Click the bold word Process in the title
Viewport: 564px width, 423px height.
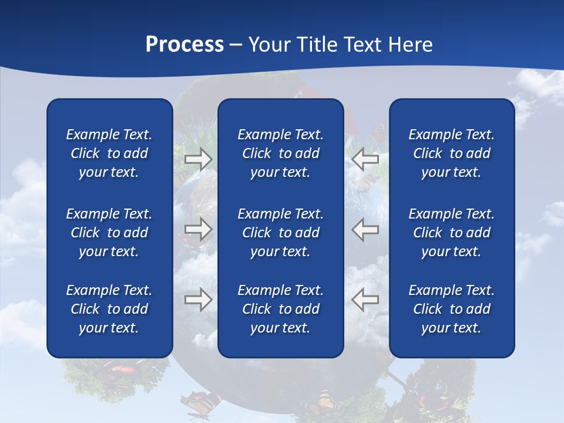184,45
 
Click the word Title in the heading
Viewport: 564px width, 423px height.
318,45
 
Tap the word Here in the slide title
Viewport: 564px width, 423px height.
411,45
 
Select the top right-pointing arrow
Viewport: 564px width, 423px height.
198,159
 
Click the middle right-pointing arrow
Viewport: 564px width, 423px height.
198,229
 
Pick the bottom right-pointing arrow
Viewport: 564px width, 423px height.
198,299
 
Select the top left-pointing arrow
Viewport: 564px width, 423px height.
365,159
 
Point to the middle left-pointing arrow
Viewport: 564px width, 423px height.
365,229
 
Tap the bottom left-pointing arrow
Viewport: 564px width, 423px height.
365,299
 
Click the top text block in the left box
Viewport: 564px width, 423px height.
109,153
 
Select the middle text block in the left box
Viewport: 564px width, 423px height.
109,233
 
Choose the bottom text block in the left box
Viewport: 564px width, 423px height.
109,309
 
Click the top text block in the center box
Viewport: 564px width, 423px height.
280,153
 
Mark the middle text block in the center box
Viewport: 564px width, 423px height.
280,233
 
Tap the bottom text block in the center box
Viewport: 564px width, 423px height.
280,309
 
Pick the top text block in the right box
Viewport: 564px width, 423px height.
451,153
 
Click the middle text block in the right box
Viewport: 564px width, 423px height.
451,233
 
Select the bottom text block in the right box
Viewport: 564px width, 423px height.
451,309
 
